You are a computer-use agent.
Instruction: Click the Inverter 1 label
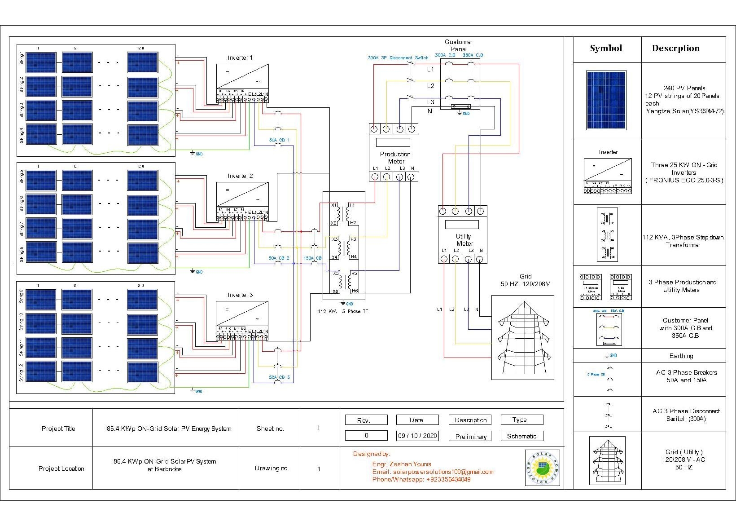tap(240, 58)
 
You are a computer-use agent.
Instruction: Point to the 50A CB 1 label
tap(279, 140)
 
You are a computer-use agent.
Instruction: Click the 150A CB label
tap(312, 258)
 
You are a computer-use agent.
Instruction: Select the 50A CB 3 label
tap(279, 377)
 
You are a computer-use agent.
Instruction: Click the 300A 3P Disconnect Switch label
tap(398, 58)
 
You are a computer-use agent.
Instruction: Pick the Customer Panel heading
tap(458, 45)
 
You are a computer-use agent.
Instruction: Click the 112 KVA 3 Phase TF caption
tap(342, 311)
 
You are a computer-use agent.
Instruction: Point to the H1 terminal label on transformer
tap(352, 205)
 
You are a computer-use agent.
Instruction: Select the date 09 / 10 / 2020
tap(417, 436)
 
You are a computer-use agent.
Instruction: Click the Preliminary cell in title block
tap(470, 436)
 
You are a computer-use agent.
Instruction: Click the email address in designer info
tap(433, 472)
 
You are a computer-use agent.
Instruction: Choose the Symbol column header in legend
tap(606, 49)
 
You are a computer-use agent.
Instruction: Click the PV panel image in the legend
tap(606, 101)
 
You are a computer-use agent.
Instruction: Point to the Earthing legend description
tap(681, 356)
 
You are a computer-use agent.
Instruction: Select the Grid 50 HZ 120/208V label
tap(525, 280)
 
